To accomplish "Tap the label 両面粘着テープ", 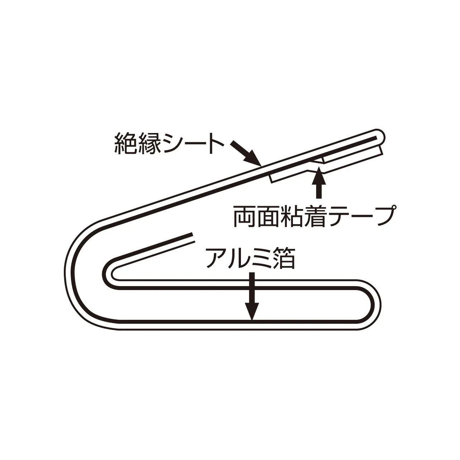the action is [x=314, y=217].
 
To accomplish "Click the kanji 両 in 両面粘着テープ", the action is [x=244, y=217].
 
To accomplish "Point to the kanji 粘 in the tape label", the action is [x=291, y=217].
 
